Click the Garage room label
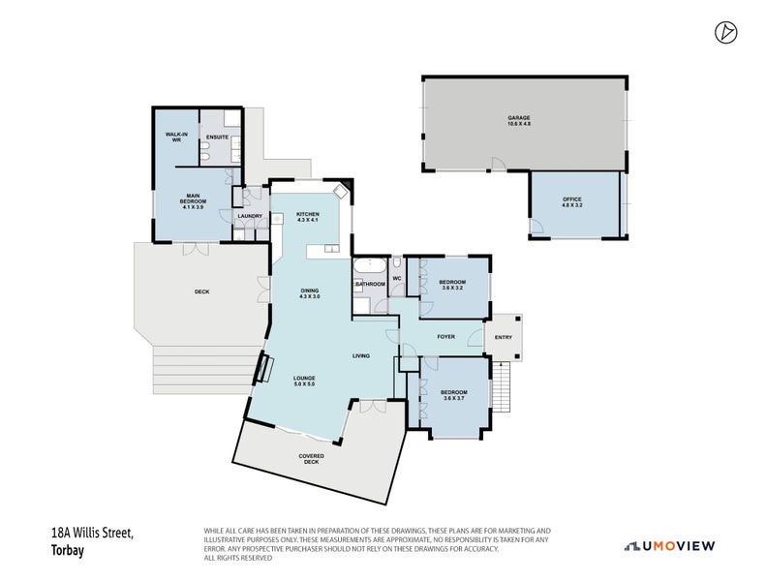[519, 121]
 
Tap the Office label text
[572, 202]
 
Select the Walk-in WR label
[176, 138]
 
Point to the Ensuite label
[218, 138]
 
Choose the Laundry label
[250, 216]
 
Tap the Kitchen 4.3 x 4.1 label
[308, 218]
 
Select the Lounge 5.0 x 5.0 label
[305, 381]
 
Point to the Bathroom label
[370, 284]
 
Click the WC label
[397, 279]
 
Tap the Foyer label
[445, 337]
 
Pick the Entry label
[504, 337]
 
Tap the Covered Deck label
[311, 458]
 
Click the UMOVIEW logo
[670, 546]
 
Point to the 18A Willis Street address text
[91, 534]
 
